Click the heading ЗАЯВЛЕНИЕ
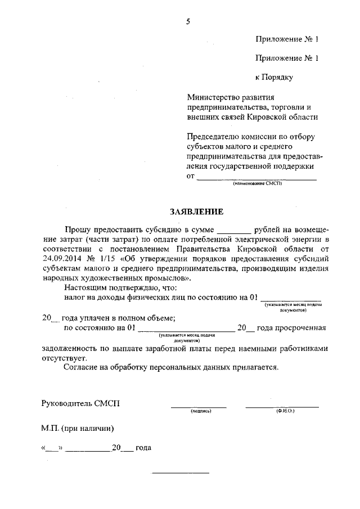tap(196, 212)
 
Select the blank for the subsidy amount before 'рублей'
tap(233, 231)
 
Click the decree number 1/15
tap(107, 258)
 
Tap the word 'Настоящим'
tap(85, 288)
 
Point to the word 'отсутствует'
tap(64, 358)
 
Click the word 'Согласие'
tap(81, 368)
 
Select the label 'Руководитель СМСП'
tap(80, 403)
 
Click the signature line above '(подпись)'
tap(199, 406)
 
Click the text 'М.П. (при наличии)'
tap(78, 429)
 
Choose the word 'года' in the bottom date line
tap(143, 449)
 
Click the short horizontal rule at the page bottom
tap(181, 472)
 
